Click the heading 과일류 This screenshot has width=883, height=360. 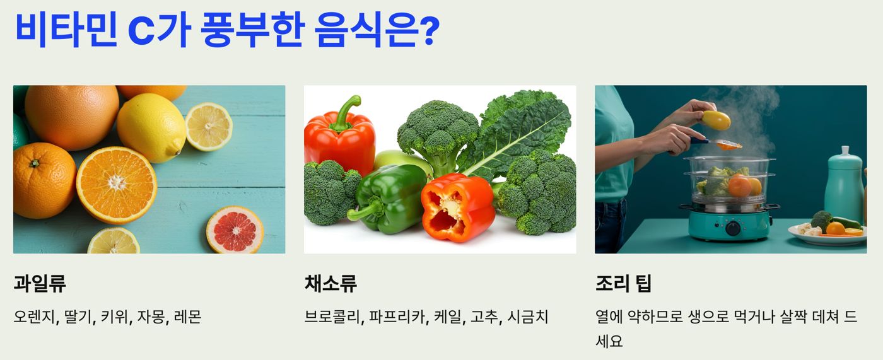pyautogui.click(x=40, y=284)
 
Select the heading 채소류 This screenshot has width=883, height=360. pyautogui.click(x=330, y=284)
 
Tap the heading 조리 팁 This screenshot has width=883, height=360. pyautogui.click(x=623, y=284)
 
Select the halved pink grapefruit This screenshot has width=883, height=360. pyautogui.click(x=235, y=230)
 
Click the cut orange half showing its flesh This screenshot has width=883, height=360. pyautogui.click(x=116, y=184)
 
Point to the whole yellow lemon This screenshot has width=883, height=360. pyautogui.click(x=151, y=127)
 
